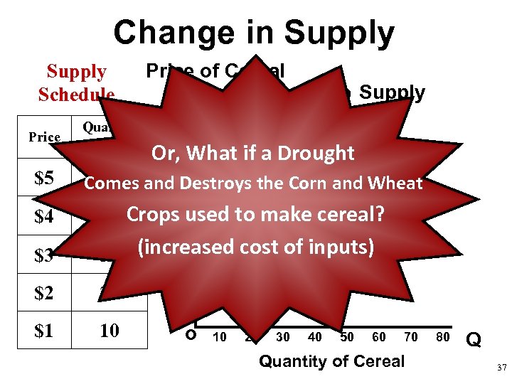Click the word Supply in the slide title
click(x=340, y=33)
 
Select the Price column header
click(x=44, y=137)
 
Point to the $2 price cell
click(x=44, y=293)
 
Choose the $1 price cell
click(x=44, y=331)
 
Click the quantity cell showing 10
click(x=109, y=331)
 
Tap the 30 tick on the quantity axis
click(x=283, y=337)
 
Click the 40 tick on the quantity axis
click(x=315, y=337)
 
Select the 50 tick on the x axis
click(x=347, y=337)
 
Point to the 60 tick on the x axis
click(x=379, y=337)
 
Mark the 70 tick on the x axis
click(x=411, y=337)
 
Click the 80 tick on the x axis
click(x=443, y=337)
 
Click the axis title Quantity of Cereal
click(x=331, y=361)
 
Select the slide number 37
click(x=501, y=368)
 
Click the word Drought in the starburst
click(x=315, y=153)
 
